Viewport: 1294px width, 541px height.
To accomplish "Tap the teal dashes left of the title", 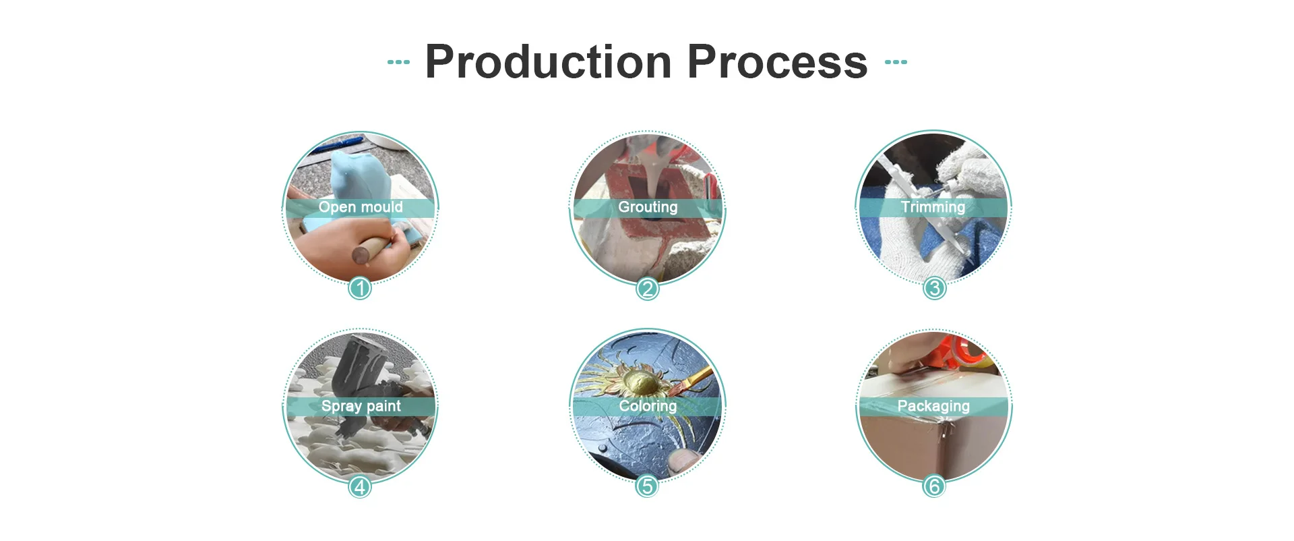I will pos(398,62).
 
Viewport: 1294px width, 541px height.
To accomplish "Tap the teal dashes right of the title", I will pos(896,62).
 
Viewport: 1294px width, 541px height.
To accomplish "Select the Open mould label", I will pos(361,207).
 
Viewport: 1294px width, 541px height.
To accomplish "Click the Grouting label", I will pos(648,207).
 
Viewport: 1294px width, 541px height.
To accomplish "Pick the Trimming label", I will pos(933,207).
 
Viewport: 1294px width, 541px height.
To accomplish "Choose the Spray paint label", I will pos(361,406).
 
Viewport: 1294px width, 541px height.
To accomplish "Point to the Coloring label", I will pos(648,406).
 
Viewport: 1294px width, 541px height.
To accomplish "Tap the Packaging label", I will pos(933,406).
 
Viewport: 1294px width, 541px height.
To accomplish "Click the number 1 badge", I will pos(360,289).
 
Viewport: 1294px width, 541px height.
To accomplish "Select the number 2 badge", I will pos(647,289).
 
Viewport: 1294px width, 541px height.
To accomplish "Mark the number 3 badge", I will pos(934,289).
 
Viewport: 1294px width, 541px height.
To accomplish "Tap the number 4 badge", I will pos(360,486).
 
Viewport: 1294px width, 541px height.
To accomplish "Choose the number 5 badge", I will pos(647,486).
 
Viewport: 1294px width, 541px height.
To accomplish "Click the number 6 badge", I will pos(934,486).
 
